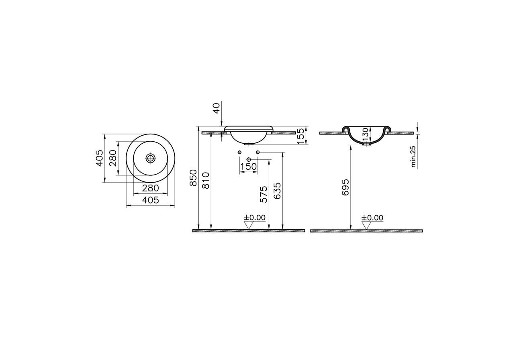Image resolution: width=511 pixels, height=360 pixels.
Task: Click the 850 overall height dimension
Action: [194, 177]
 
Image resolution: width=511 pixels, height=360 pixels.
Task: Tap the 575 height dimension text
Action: [263, 194]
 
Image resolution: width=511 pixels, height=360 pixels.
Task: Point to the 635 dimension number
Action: [277, 191]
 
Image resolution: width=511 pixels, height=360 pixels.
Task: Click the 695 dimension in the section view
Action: [345, 187]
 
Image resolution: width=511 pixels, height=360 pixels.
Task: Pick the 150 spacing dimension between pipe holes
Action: [248, 166]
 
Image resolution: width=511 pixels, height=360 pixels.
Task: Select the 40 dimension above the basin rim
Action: [216, 108]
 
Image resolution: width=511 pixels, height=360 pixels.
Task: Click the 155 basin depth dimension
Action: [300, 136]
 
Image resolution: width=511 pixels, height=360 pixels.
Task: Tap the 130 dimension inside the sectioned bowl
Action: [365, 134]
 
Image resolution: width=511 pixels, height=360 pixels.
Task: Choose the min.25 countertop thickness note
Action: [413, 157]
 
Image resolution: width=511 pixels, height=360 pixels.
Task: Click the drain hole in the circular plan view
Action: [151, 158]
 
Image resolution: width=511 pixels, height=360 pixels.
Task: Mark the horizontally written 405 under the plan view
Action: [151, 200]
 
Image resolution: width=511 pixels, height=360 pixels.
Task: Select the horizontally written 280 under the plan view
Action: [151, 187]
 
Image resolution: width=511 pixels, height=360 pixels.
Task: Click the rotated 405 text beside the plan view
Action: [100, 158]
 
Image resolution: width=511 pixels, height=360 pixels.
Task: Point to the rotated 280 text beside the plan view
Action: [112, 158]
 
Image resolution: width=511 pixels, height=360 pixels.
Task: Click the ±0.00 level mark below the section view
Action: [372, 218]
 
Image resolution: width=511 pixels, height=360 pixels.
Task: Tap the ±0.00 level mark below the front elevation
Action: [254, 218]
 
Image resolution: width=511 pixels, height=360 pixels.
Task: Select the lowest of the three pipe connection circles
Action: [249, 160]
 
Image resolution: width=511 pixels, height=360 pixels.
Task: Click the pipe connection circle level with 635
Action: [258, 152]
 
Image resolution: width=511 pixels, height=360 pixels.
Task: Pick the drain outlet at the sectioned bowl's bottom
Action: [366, 144]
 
